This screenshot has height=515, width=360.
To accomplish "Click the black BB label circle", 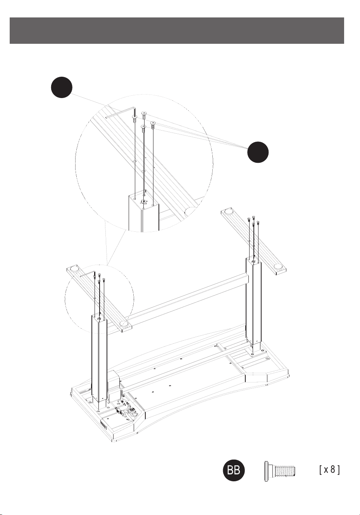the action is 234,470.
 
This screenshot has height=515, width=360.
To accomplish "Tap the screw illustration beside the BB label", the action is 280,471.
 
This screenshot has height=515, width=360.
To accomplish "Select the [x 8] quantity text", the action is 329,470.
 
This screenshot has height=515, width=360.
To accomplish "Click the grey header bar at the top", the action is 177,30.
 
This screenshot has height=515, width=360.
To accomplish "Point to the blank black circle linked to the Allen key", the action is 62,87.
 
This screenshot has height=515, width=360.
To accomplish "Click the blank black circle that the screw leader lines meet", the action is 258,152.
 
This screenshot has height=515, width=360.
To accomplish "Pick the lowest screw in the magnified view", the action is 143,129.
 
